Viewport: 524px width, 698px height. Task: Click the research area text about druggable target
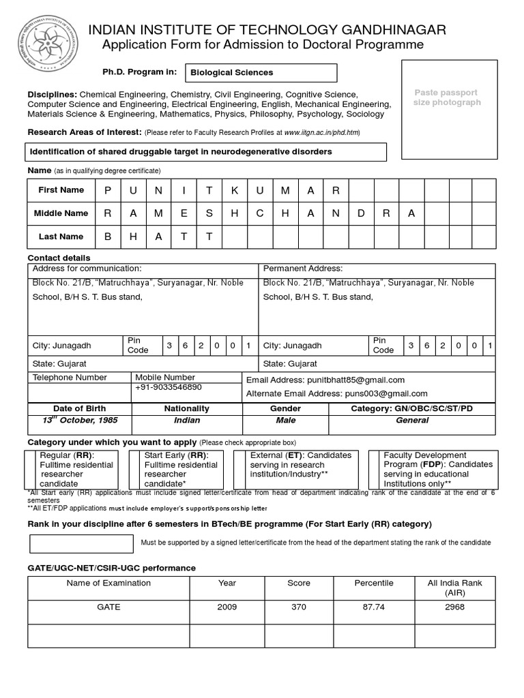click(205, 151)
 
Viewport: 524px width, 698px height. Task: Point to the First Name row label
click(61, 190)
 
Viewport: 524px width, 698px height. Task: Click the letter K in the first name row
click(235, 190)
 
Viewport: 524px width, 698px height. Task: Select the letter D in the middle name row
click(360, 213)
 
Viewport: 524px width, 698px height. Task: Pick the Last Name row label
click(61, 237)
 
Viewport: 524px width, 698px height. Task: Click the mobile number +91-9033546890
click(169, 387)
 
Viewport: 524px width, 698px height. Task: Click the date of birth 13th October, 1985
click(79, 421)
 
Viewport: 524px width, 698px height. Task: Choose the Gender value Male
click(286, 421)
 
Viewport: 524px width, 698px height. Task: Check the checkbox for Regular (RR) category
click(30, 469)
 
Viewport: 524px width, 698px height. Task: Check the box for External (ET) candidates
click(239, 469)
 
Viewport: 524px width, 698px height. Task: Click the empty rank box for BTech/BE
click(81, 543)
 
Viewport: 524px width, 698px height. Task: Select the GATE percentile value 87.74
click(374, 607)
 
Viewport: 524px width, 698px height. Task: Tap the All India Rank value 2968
click(454, 607)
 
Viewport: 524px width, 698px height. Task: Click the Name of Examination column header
click(108, 583)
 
